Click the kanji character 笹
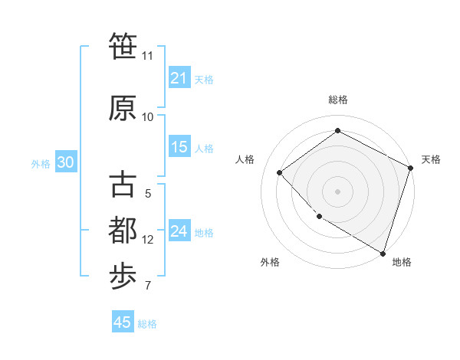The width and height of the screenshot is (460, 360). [123, 47]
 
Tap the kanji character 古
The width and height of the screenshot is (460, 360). [123, 185]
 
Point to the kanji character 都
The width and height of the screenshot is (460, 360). [123, 231]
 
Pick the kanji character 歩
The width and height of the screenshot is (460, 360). [123, 277]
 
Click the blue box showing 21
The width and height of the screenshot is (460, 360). [179, 78]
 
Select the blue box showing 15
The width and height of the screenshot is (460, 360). [179, 148]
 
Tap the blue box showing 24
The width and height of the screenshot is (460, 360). [179, 232]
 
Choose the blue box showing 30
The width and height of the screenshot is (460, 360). [65, 162]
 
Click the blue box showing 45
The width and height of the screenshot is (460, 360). [123, 322]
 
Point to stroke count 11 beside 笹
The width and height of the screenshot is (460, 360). [147, 56]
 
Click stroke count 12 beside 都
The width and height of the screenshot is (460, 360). [148, 240]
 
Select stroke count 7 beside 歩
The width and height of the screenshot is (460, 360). [147, 286]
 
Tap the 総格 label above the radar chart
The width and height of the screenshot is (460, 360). [337, 100]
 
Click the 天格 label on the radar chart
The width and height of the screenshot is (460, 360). [431, 159]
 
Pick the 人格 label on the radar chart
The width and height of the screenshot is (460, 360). [245, 159]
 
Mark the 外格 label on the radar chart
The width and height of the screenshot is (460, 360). [270, 262]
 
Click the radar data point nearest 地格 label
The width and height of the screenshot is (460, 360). [383, 252]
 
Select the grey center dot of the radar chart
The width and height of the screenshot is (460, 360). [337, 191]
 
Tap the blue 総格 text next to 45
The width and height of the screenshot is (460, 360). [147, 324]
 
